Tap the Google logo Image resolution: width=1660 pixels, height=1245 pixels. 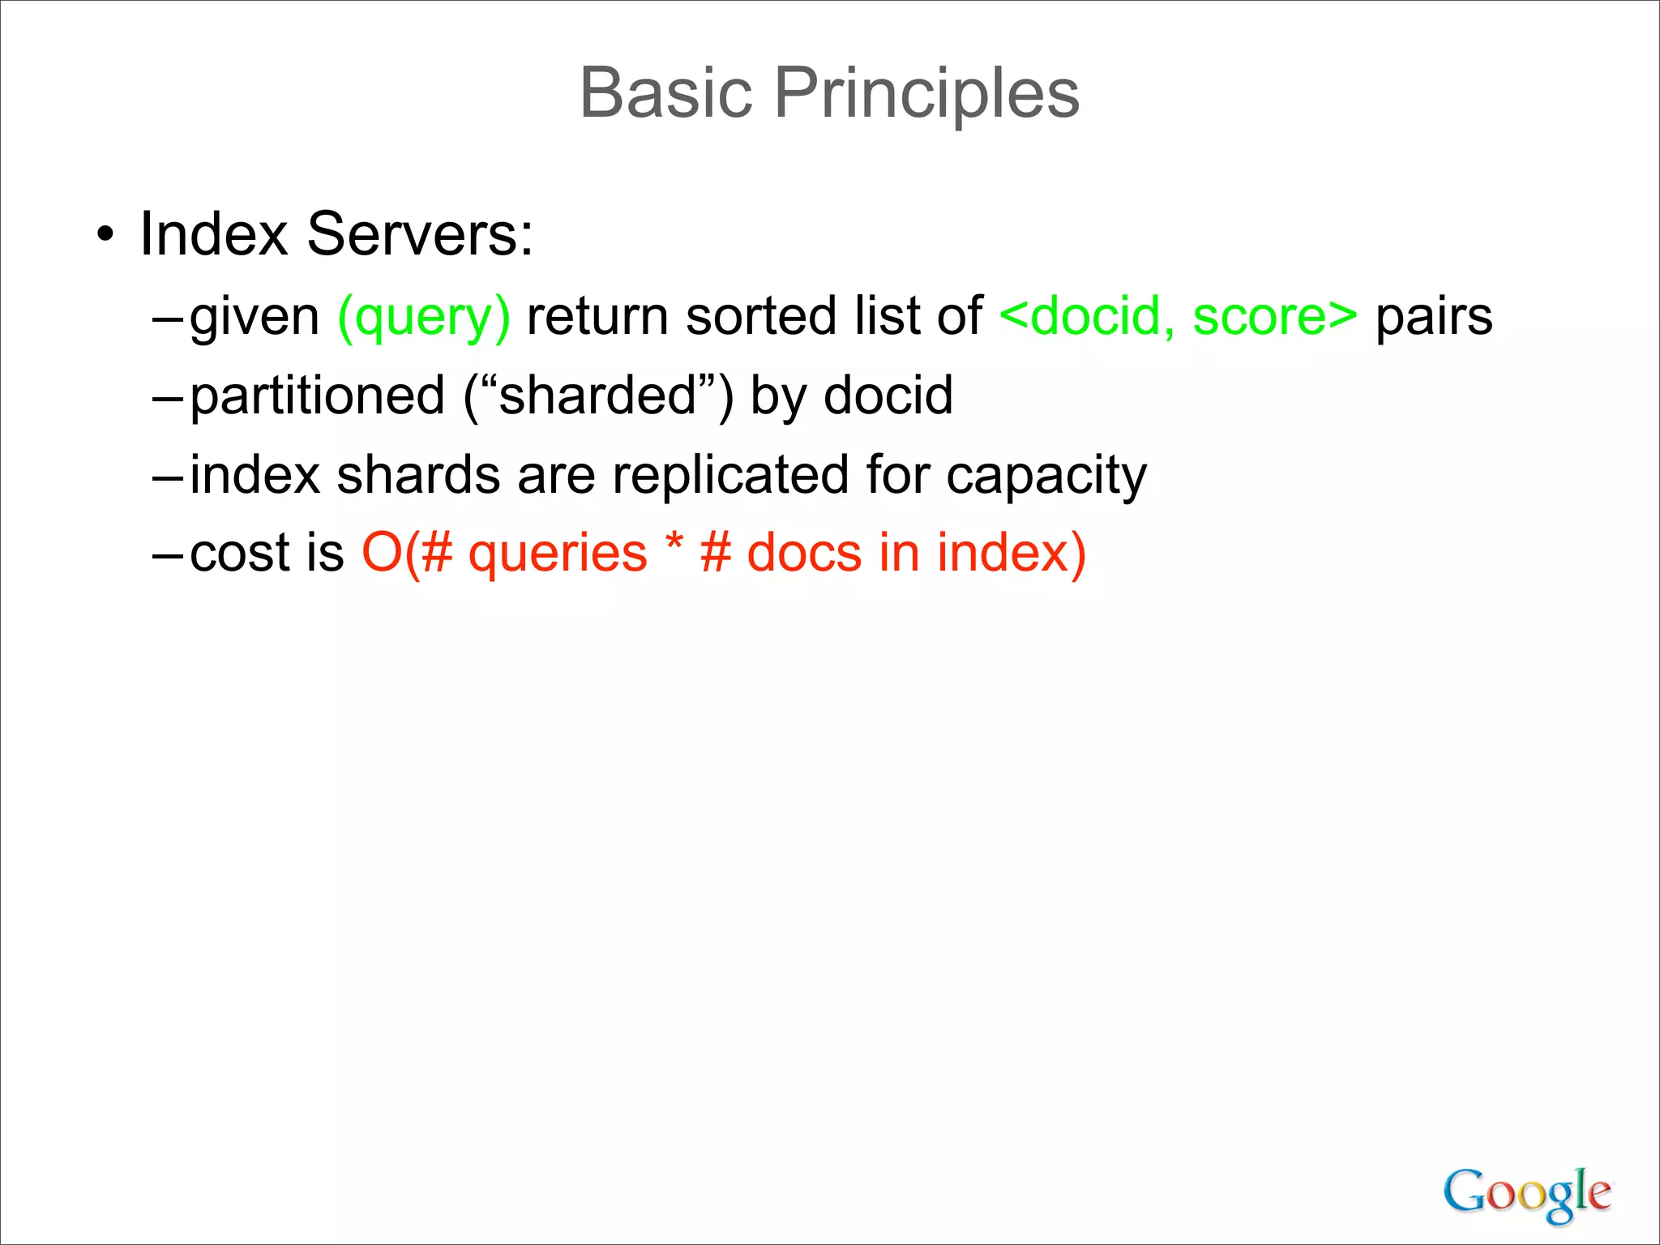click(x=1526, y=1193)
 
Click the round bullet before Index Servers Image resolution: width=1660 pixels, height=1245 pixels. click(x=105, y=236)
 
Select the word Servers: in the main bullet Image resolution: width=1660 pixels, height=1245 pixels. click(x=420, y=234)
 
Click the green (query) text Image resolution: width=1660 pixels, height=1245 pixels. click(x=424, y=317)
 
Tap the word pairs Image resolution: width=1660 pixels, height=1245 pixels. click(x=1433, y=317)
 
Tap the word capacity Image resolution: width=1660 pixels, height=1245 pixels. click(x=1046, y=476)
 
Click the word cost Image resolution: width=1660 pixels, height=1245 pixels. click(x=240, y=554)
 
